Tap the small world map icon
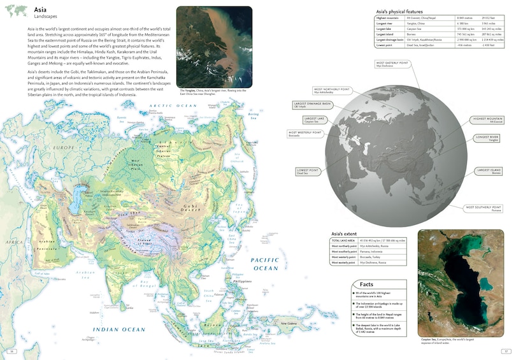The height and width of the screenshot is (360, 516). (16, 10)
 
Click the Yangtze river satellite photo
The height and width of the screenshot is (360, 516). (213, 47)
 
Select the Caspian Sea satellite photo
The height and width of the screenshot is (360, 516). (461, 282)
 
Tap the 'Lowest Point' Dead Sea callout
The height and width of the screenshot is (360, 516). (308, 171)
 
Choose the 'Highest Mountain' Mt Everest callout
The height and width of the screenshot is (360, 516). (487, 120)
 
